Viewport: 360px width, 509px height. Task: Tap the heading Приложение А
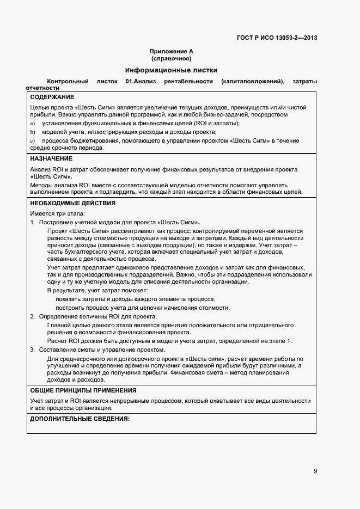[172, 52]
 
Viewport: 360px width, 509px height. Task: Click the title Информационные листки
[171, 70]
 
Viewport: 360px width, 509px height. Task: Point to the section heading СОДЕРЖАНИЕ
[52, 97]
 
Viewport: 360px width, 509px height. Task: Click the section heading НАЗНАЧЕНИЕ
[51, 158]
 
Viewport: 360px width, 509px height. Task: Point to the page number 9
[315, 471]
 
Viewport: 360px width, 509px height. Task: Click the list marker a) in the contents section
[33, 123]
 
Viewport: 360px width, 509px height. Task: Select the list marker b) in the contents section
[33, 132]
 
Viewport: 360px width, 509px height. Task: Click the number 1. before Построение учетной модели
[33, 223]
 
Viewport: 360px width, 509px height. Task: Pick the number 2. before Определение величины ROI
[33, 316]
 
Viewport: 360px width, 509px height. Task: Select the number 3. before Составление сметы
[33, 349]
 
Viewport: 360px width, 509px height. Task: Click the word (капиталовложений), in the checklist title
[253, 81]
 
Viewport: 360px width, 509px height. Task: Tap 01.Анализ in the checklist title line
[141, 81]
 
